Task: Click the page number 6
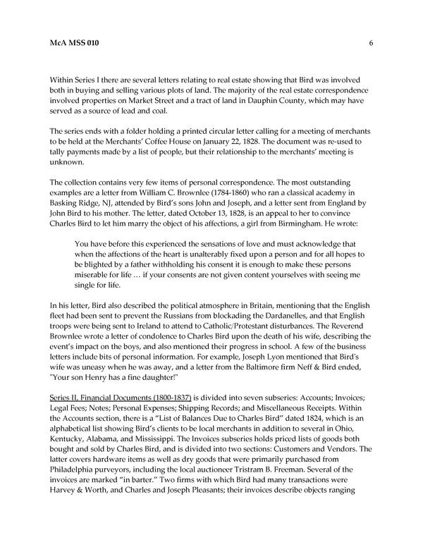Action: pos(370,43)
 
